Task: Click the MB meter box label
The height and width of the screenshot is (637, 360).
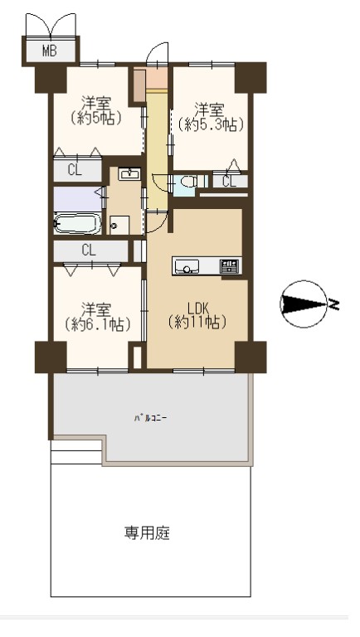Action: [50, 51]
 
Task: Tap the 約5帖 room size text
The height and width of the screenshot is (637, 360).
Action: [96, 118]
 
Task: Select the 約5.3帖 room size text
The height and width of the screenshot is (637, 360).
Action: [210, 124]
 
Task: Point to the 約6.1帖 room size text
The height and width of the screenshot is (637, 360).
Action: [97, 324]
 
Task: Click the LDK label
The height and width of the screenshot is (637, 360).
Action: [198, 308]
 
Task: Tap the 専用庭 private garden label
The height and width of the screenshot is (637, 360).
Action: [147, 532]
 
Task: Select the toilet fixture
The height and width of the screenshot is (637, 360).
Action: [188, 181]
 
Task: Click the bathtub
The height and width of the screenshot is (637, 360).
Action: [77, 223]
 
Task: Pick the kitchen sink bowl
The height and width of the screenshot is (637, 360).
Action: [187, 267]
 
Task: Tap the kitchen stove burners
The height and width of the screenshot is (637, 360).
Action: [230, 266]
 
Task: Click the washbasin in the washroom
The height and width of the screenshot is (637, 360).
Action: [129, 174]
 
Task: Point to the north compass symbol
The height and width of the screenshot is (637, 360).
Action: [304, 304]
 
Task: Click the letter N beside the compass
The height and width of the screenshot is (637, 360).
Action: [334, 304]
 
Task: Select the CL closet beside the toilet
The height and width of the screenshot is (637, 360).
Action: [230, 182]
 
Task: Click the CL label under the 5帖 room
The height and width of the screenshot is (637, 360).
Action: [75, 171]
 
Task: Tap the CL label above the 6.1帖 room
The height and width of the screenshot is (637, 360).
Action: [89, 250]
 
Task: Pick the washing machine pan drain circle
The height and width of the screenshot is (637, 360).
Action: [114, 226]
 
